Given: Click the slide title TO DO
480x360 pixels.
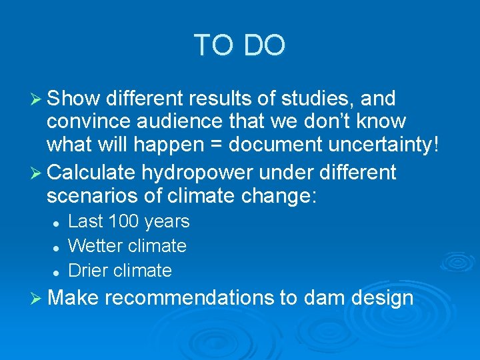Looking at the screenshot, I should pos(239,45).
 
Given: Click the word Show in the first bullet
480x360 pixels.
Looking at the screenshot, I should pos(73,99).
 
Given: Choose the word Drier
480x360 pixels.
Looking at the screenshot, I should pos(88,270).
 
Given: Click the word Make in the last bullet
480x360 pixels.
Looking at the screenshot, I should pos(73,297).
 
